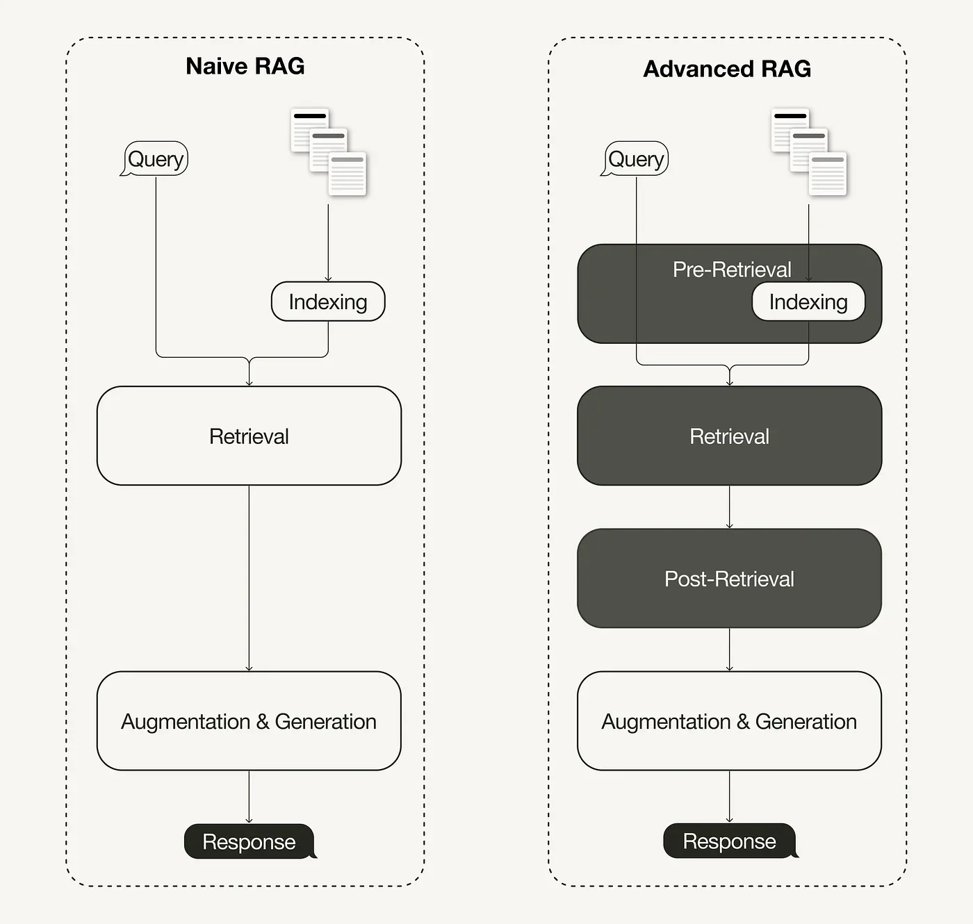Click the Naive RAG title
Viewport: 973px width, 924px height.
pyautogui.click(x=245, y=66)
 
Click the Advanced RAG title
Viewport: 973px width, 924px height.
pyautogui.click(x=727, y=69)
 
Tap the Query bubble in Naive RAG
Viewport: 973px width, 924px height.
pyautogui.click(x=156, y=159)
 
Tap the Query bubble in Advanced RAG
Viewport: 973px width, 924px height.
pyautogui.click(x=636, y=159)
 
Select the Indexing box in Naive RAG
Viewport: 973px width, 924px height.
pyautogui.click(x=328, y=302)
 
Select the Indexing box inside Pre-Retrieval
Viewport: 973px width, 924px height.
pyautogui.click(x=808, y=302)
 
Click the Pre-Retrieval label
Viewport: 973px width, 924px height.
pyautogui.click(x=731, y=270)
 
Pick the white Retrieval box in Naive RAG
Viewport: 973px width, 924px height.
pyautogui.click(x=249, y=436)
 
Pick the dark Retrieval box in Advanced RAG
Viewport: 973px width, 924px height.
pyautogui.click(x=729, y=436)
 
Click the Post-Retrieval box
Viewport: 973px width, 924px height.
pyautogui.click(x=729, y=578)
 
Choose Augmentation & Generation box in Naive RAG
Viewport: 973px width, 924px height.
pyautogui.click(x=249, y=721)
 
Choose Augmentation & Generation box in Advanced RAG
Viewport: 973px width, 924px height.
pyautogui.click(x=729, y=721)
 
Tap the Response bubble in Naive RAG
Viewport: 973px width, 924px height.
pyautogui.click(x=249, y=841)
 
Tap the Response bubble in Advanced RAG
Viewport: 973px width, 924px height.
pyautogui.click(x=729, y=841)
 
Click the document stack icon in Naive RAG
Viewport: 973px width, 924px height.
pyautogui.click(x=329, y=152)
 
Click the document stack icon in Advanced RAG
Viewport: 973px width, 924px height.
pyautogui.click(x=809, y=152)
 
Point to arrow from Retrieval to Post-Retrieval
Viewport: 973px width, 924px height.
pyautogui.click(x=729, y=507)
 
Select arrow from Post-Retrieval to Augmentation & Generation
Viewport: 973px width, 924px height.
pyautogui.click(x=729, y=650)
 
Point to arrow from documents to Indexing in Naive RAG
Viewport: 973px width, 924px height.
pyautogui.click(x=328, y=243)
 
